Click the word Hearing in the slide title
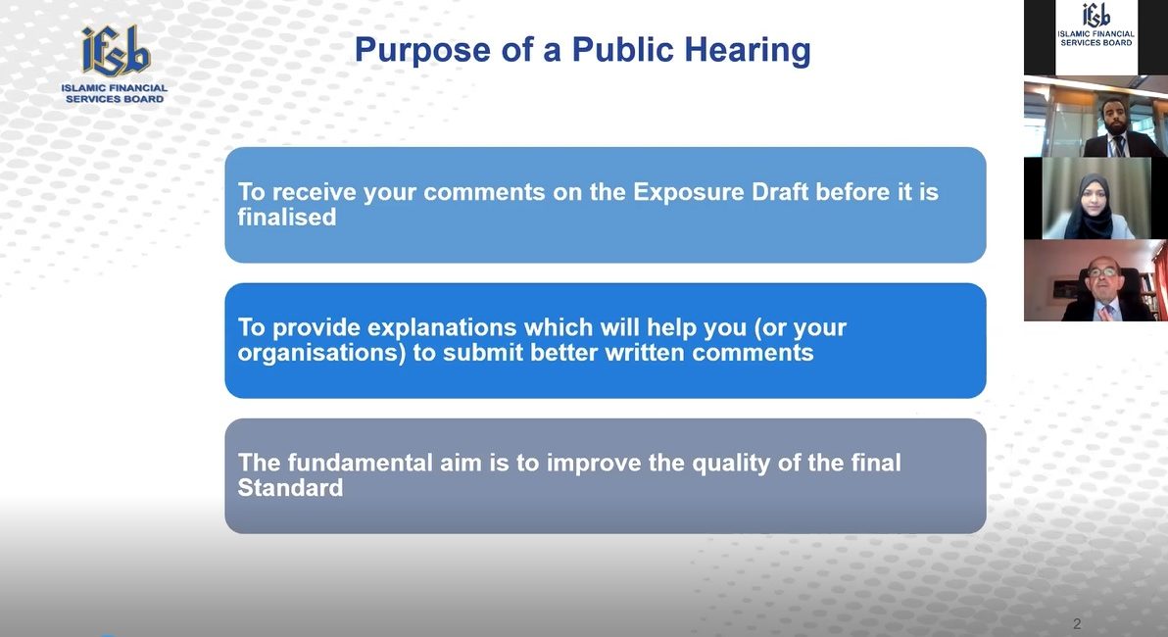click(747, 51)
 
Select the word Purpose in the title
click(422, 51)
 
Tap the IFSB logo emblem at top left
click(116, 51)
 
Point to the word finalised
click(287, 217)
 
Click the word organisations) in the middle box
click(321, 353)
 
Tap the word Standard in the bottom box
click(290, 487)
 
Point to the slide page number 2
click(1076, 623)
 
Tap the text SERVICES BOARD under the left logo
click(115, 98)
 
